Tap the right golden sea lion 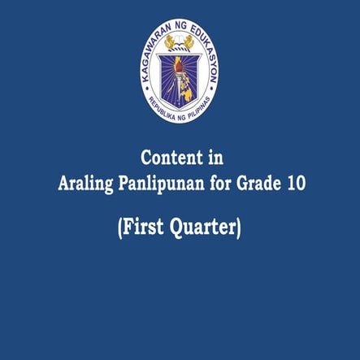point(192,41)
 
